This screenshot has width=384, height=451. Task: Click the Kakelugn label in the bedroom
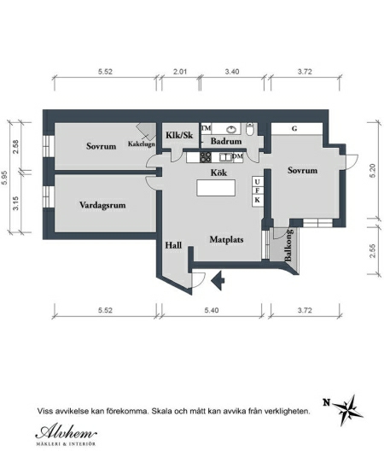click(x=142, y=143)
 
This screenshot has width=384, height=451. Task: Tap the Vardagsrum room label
click(x=102, y=205)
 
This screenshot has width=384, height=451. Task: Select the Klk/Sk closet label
click(x=180, y=135)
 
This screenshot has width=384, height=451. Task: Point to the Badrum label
click(x=226, y=141)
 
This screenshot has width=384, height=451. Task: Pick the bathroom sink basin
click(x=231, y=130)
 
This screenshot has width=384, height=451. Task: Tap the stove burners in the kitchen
click(x=206, y=157)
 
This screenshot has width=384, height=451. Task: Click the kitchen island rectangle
click(x=216, y=188)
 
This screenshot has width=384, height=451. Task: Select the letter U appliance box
click(x=257, y=182)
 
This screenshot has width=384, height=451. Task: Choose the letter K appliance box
click(x=257, y=200)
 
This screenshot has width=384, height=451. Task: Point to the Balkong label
click(x=288, y=245)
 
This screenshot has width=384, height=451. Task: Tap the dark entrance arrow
click(x=218, y=279)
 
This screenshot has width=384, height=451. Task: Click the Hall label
click(x=173, y=245)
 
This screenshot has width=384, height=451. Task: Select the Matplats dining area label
click(x=226, y=239)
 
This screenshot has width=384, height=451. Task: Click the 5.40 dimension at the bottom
click(x=212, y=310)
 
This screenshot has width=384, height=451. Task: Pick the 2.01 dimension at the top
click(x=180, y=72)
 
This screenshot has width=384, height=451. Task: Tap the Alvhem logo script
click(x=66, y=432)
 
